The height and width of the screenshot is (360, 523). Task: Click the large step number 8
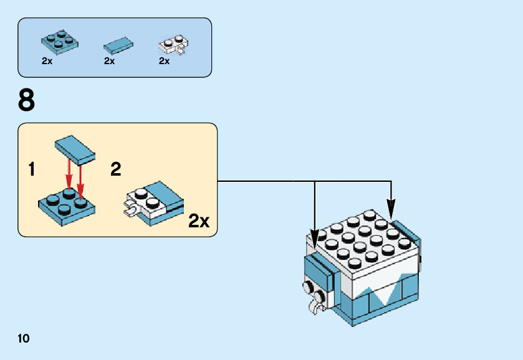[27, 100]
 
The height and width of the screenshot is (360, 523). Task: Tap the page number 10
[24, 338]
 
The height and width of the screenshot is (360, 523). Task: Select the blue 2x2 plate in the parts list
[59, 40]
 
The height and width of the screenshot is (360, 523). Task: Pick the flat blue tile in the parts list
[118, 45]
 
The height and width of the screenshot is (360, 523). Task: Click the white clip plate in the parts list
[174, 45]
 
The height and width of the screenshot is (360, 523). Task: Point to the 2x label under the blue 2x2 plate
[47, 61]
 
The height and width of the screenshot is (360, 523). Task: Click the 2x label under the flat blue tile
[110, 61]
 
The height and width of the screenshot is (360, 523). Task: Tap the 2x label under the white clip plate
[165, 61]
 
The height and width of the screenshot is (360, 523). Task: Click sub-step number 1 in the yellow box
[31, 169]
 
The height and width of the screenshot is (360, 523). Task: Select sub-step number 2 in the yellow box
[115, 169]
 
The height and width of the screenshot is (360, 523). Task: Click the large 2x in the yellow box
[199, 220]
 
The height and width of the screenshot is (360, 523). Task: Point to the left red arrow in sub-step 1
[68, 176]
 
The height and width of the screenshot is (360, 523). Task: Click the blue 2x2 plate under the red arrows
[65, 207]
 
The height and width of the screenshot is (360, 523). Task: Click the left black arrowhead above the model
[315, 235]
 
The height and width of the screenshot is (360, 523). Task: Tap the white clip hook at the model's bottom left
[319, 306]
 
